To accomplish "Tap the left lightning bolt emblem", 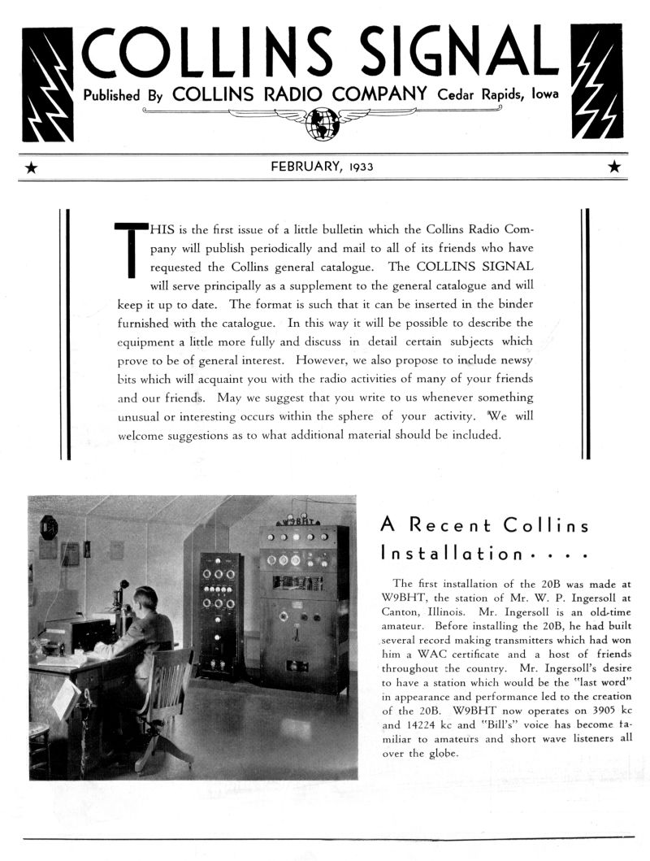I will point(48,84).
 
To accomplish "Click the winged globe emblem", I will point(322,122).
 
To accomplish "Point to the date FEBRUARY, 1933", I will point(322,167).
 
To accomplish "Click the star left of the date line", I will point(32,167).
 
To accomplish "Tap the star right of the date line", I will point(614,167).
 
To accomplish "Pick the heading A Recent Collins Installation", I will point(484,539).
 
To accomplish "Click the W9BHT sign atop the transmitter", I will point(298,520).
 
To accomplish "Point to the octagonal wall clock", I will point(49,528).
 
